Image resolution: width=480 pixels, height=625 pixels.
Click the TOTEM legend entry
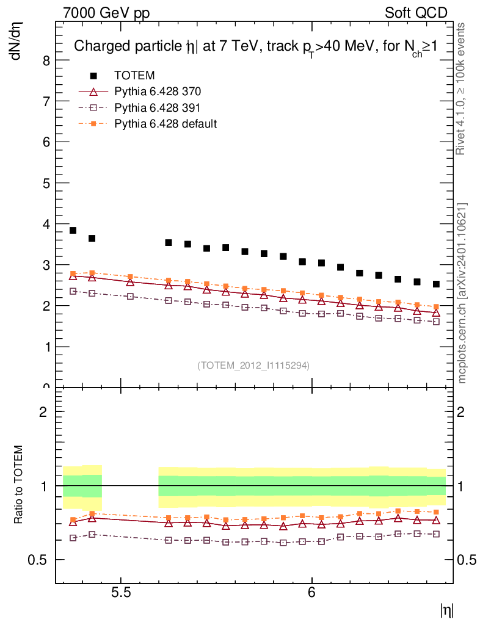[134, 75]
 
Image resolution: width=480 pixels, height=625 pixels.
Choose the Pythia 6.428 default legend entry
[165, 124]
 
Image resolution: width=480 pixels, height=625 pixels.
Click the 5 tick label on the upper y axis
[46, 183]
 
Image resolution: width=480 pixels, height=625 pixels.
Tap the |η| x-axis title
[446, 609]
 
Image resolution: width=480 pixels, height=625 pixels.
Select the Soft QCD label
[415, 13]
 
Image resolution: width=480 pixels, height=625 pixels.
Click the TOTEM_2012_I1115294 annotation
[253, 365]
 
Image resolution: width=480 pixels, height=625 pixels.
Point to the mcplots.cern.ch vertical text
[462, 293]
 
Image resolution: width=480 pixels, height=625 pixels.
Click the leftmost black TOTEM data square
[73, 230]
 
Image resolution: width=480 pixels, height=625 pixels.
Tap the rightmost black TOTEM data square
[436, 284]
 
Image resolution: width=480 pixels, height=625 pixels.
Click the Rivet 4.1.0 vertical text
[462, 89]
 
